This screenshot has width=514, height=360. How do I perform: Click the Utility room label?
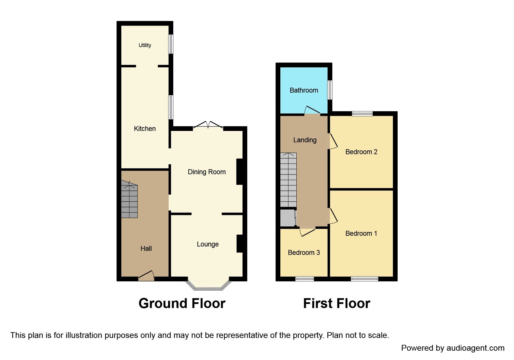point(145,45)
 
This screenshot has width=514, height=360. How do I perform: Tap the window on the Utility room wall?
point(171,44)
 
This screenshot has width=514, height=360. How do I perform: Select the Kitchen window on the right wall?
point(171,107)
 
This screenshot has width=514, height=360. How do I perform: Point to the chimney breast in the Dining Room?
point(240,172)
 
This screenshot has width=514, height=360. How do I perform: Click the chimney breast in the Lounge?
point(240,243)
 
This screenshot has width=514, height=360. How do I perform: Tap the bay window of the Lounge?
point(208,286)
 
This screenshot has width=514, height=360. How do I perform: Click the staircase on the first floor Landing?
point(288,180)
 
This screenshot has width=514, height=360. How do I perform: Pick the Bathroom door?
point(312,112)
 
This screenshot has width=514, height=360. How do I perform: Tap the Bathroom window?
point(330,90)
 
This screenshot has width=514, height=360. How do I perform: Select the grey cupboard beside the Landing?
point(287,218)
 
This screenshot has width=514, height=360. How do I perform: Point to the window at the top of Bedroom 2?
point(362,114)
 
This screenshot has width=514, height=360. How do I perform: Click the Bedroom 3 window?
point(304,279)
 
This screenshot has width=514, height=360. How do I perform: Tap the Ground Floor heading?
point(182,303)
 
